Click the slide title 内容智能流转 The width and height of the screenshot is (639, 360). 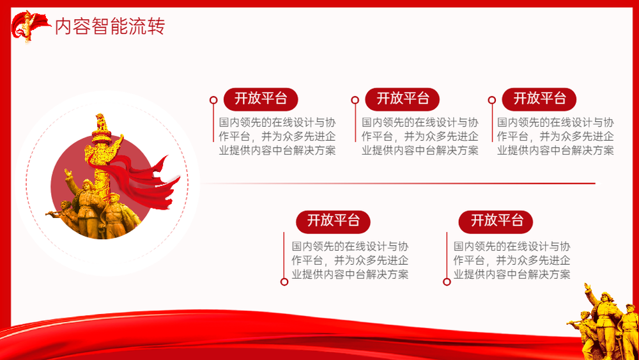point(110,26)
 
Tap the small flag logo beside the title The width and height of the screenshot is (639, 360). point(30,26)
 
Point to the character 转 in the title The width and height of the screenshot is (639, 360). point(156,26)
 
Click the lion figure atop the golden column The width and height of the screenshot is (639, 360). point(101,122)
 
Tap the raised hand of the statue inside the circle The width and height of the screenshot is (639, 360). point(68,173)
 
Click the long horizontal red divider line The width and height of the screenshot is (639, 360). point(398,184)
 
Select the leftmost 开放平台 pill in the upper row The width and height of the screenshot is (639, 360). point(261,99)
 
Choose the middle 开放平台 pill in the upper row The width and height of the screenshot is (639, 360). point(402,99)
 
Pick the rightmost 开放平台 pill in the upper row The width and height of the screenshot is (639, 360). point(539,99)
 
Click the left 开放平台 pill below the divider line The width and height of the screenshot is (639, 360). point(333,222)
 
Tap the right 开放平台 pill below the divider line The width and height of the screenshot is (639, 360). point(496,222)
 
